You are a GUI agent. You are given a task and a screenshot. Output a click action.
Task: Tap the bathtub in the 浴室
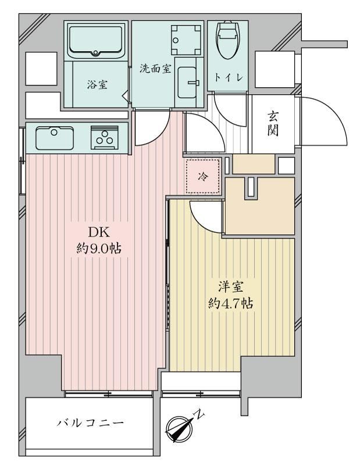point(95,41)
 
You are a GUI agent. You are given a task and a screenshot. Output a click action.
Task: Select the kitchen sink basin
point(55,138)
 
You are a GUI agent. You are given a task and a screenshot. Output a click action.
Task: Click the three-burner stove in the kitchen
point(105,138)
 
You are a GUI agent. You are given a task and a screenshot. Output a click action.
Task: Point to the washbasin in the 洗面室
point(187,82)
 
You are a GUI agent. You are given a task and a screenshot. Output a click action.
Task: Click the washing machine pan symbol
point(187,40)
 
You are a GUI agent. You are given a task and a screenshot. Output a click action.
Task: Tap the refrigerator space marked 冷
point(204,177)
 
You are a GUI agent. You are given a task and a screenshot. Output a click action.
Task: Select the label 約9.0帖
point(99,249)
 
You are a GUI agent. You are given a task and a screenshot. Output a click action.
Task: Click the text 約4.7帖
point(231,303)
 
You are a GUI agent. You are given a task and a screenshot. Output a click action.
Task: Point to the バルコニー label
point(90,423)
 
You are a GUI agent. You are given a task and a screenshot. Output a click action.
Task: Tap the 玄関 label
point(273,124)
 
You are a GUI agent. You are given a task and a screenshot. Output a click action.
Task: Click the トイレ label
point(229,78)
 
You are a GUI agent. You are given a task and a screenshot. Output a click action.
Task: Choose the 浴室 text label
point(97,85)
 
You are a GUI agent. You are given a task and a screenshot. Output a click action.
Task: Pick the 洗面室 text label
point(155,69)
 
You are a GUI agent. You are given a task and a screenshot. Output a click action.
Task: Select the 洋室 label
point(231,287)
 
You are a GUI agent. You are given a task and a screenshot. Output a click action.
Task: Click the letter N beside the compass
point(199,414)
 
